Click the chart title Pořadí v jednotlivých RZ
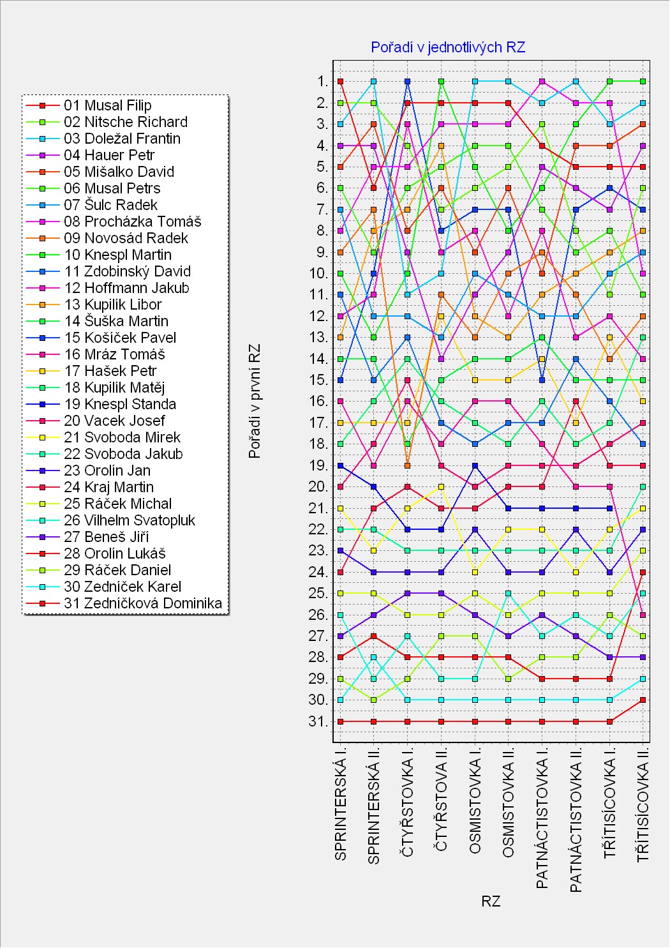[x=448, y=47]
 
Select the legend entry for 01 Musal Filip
[x=107, y=105]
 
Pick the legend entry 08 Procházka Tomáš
[x=132, y=222]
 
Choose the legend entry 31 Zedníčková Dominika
[x=142, y=603]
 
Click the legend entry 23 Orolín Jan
[x=107, y=470]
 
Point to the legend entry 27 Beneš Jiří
[x=106, y=537]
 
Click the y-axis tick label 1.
[x=322, y=81]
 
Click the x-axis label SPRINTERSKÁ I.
[x=341, y=809]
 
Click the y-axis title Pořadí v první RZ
[x=255, y=402]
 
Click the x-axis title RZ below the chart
[x=491, y=901]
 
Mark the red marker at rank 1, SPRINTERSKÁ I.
[x=341, y=81]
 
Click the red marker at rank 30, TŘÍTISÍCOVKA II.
[x=643, y=700]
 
